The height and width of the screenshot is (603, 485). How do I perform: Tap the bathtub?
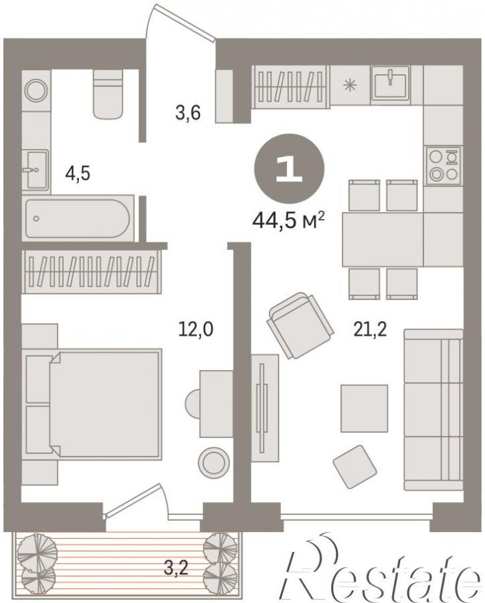(x=78, y=219)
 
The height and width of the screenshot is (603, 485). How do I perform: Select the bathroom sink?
(x=35, y=170)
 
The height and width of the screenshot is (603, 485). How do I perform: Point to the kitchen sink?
(x=390, y=81)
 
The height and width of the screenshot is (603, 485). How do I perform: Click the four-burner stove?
(x=444, y=166)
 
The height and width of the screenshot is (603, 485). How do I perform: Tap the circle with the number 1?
(x=289, y=169)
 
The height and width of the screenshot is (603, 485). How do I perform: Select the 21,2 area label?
(x=371, y=329)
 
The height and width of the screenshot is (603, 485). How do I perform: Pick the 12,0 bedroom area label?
(x=195, y=329)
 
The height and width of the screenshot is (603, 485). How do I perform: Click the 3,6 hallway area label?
(x=188, y=113)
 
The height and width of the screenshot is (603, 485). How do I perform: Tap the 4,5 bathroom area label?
(x=78, y=173)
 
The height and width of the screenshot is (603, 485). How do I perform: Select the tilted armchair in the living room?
(x=300, y=326)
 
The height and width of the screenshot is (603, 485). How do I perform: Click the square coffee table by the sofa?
(x=364, y=408)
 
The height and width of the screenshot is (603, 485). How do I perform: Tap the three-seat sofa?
(x=433, y=410)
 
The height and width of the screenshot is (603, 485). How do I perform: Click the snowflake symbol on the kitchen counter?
(x=350, y=85)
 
